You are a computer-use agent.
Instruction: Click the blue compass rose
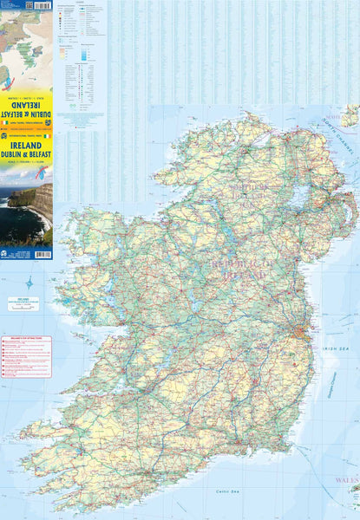pos(29,283)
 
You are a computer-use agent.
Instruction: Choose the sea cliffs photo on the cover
pos(26,212)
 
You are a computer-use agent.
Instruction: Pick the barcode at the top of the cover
pos(15,5)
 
